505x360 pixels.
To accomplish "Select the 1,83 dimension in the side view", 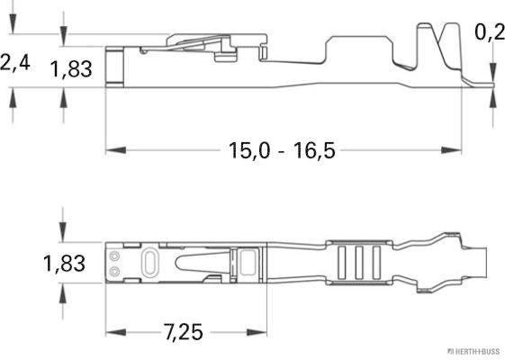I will pyautogui.click(x=71, y=68).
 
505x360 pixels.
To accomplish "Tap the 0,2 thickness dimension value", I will pyautogui.click(x=489, y=32).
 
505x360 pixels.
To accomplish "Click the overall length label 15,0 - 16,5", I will pyautogui.click(x=280, y=149).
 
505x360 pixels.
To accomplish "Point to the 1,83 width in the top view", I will pyautogui.click(x=64, y=264).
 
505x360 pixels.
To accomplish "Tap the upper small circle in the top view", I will pyautogui.click(x=114, y=256).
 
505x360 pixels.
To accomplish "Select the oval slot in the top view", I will pyautogui.click(x=149, y=263).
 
